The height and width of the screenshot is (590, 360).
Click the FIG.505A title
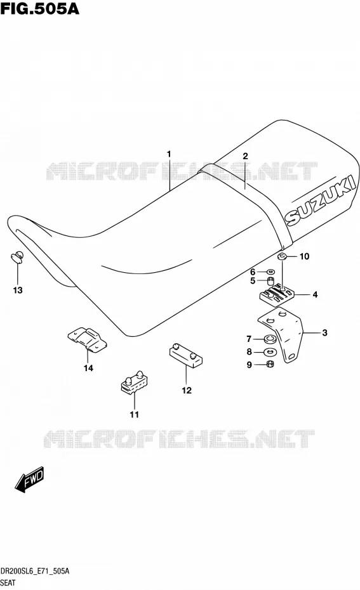tap(39, 8)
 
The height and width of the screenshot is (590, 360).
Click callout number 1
tap(169, 154)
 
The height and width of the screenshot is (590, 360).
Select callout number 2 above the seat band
tap(245, 156)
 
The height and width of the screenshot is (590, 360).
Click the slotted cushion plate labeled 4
tap(277, 294)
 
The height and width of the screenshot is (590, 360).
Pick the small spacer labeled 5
tap(270, 280)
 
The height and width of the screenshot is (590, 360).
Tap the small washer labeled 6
tap(270, 272)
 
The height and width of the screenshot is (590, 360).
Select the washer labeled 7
tap(270, 339)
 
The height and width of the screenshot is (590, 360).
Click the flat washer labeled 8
tap(270, 353)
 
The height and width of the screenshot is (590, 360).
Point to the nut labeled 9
tap(270, 364)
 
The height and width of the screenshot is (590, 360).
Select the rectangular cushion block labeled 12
tap(186, 355)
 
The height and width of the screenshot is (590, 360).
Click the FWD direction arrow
tap(29, 480)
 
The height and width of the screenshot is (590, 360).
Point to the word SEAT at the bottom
tap(8, 583)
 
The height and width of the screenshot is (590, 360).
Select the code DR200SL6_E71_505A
tap(35, 571)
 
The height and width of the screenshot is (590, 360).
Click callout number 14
tap(88, 368)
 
